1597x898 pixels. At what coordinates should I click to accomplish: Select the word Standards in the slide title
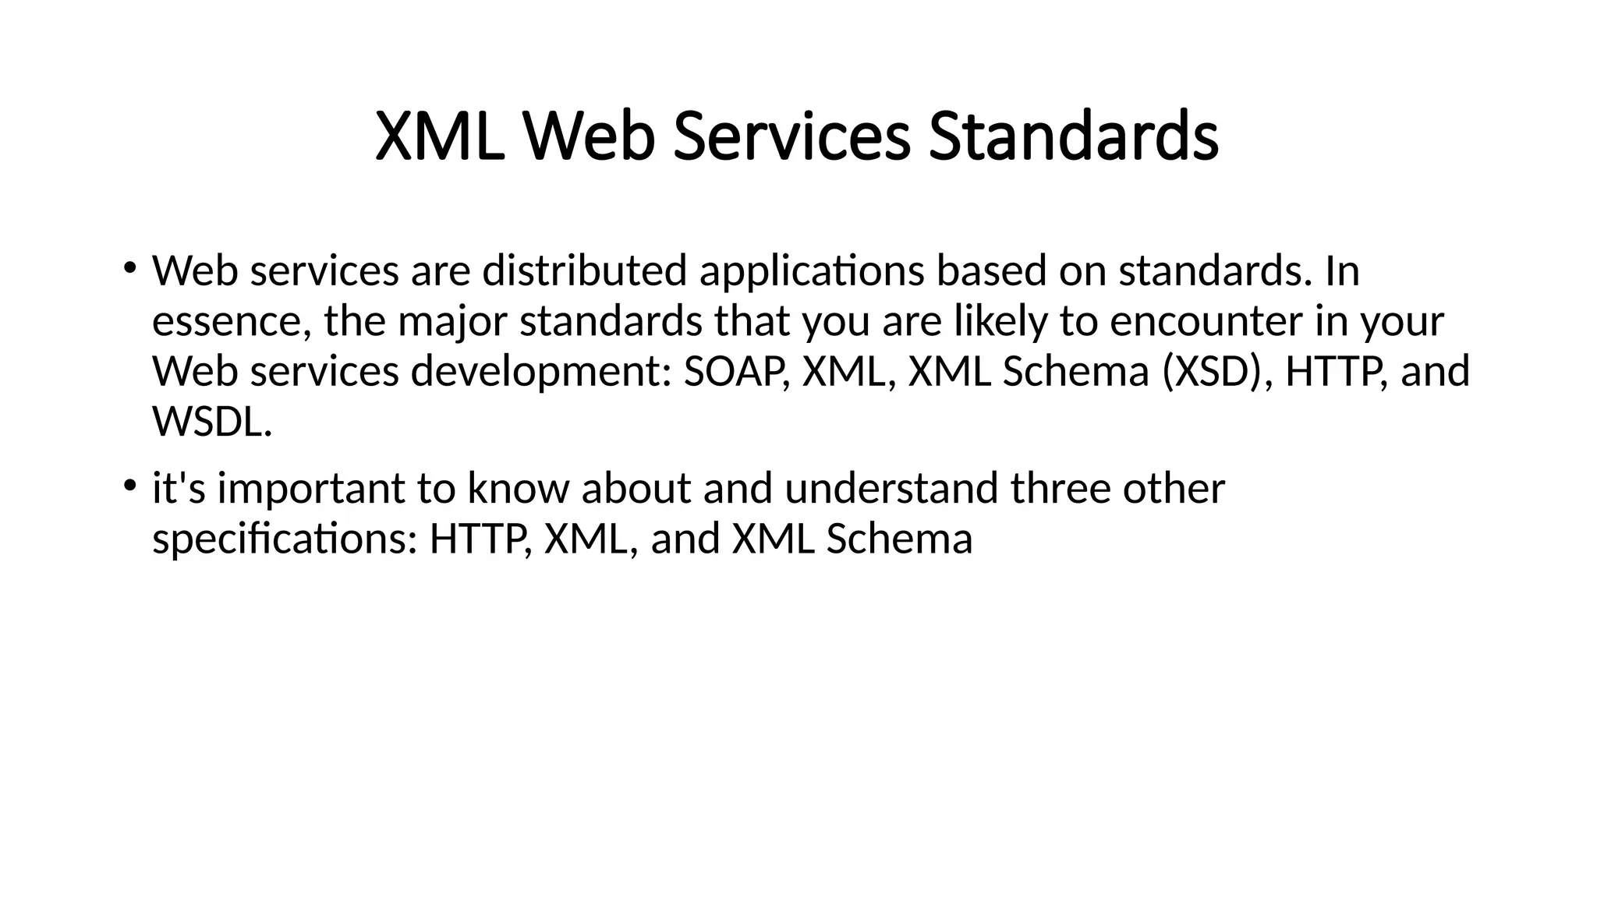(x=1074, y=137)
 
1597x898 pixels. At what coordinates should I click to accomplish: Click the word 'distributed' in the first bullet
(x=584, y=271)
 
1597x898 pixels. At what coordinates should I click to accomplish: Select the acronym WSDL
(x=212, y=422)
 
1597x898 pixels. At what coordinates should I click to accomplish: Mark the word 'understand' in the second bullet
(x=891, y=489)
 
